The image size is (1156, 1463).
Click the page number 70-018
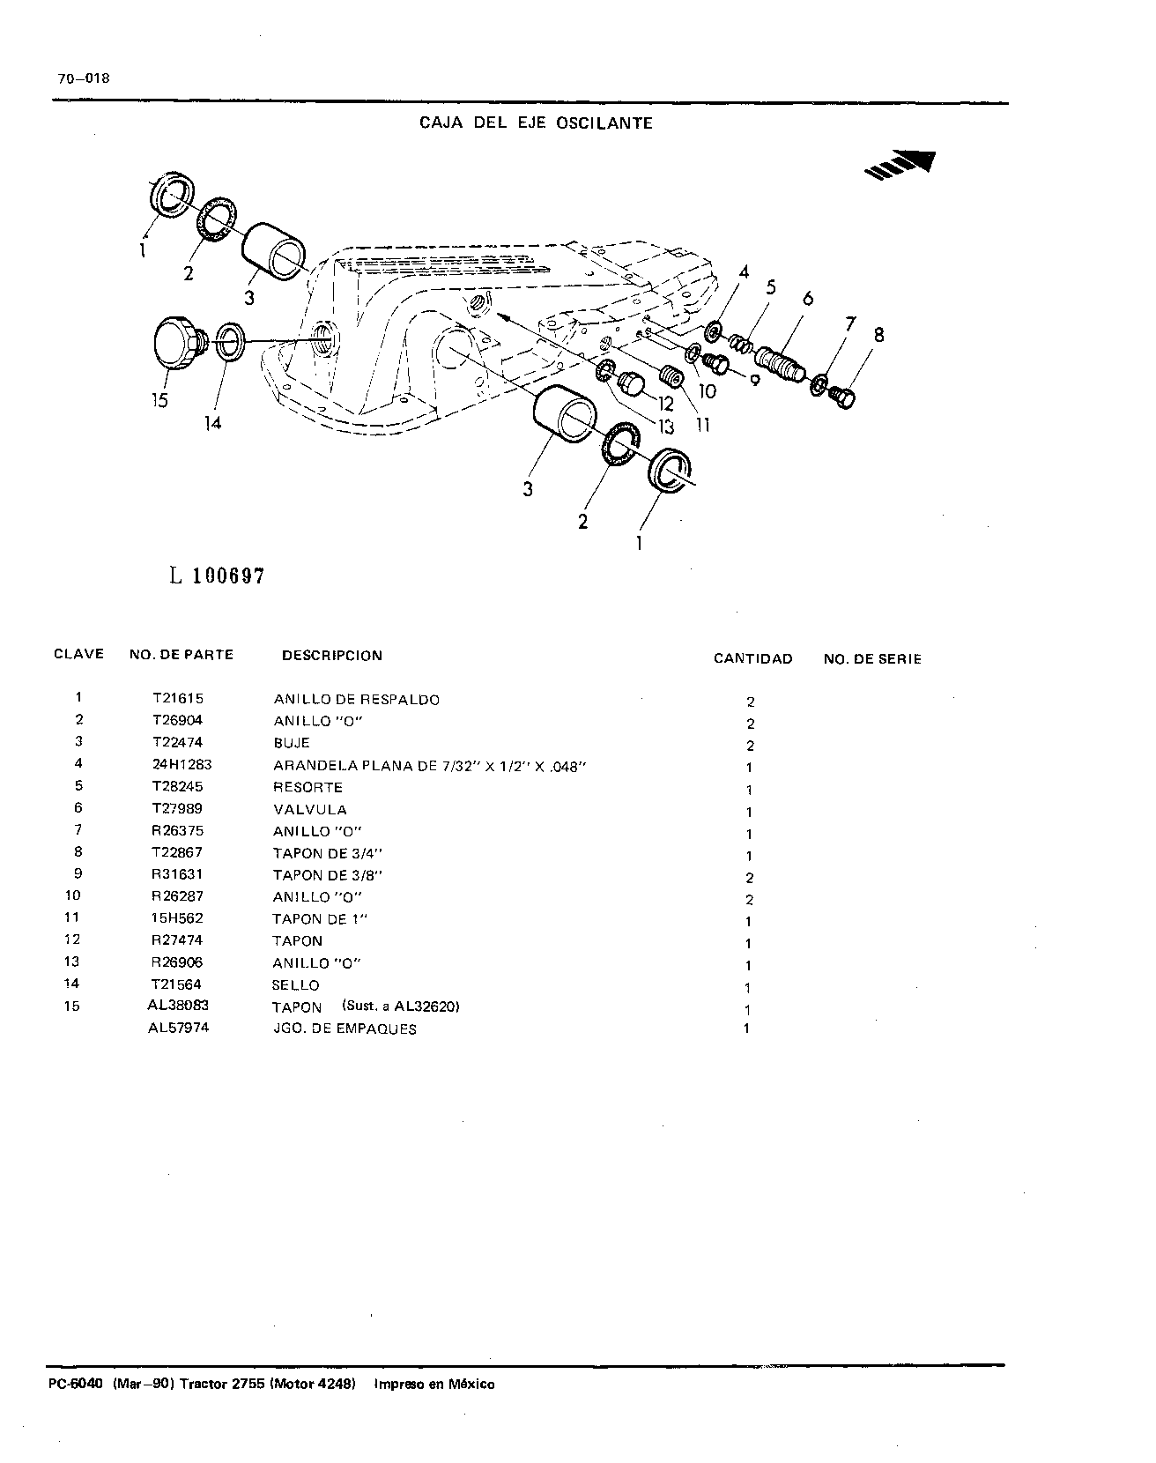coord(84,78)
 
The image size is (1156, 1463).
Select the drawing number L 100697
coord(217,576)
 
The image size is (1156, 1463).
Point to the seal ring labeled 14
coord(231,341)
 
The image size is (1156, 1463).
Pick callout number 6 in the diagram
coord(808,300)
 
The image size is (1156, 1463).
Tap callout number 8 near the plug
coord(878,335)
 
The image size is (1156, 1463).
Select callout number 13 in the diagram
coord(665,427)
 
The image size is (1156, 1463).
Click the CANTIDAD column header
coord(752,658)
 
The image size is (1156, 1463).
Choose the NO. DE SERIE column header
coord(872,658)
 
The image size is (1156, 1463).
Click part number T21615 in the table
coord(178,699)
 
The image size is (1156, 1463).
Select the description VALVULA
coord(310,809)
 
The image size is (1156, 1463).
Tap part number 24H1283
coord(182,765)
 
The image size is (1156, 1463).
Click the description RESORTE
coord(308,787)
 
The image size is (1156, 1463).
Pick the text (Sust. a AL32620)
coord(402,1006)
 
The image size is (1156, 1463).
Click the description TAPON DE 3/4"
coord(328,853)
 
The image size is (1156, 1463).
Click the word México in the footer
coord(473,1384)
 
